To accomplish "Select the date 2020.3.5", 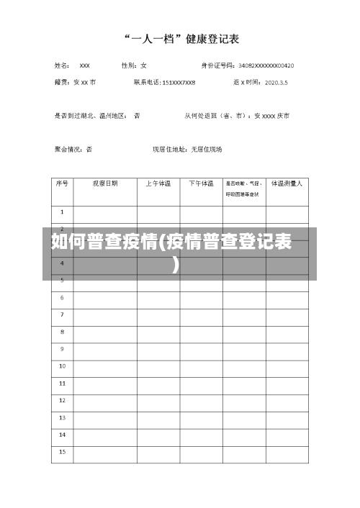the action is coord(276,82).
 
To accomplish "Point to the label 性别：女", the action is coord(134,65).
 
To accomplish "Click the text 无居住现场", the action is coord(206,150).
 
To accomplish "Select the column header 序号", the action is coord(62,183).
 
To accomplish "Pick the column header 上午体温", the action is coord(158,183).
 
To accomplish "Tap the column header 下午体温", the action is coord(201,183).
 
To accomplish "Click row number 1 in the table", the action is coord(62,212).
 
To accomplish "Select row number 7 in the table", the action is coord(62,314).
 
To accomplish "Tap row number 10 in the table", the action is coord(62,366).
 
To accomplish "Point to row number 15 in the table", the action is coord(62,452).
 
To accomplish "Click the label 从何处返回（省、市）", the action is coord(215,115).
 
